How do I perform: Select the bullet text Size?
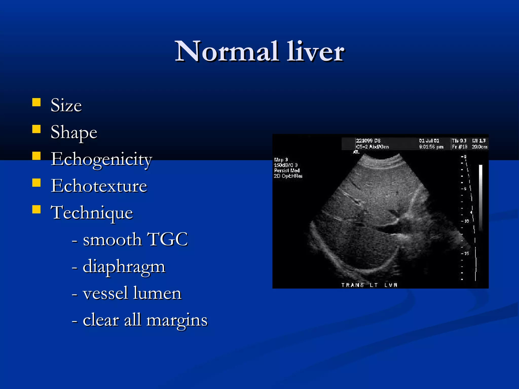(x=66, y=105)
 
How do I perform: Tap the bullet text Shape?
(x=74, y=132)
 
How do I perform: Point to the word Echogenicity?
(x=101, y=159)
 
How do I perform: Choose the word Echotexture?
(x=99, y=186)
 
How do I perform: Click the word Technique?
(x=92, y=213)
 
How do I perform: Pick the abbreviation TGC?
(x=167, y=239)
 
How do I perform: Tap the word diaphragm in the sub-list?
(x=124, y=266)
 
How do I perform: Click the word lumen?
(x=157, y=293)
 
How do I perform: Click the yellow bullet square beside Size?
(x=36, y=102)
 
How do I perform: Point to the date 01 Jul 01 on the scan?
(x=429, y=141)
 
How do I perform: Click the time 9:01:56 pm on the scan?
(x=431, y=147)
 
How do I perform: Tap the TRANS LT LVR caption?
(x=369, y=285)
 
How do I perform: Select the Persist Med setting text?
(x=287, y=170)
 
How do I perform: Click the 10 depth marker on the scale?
(x=466, y=221)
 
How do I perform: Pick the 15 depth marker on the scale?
(x=466, y=253)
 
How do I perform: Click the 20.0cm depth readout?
(x=479, y=147)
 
